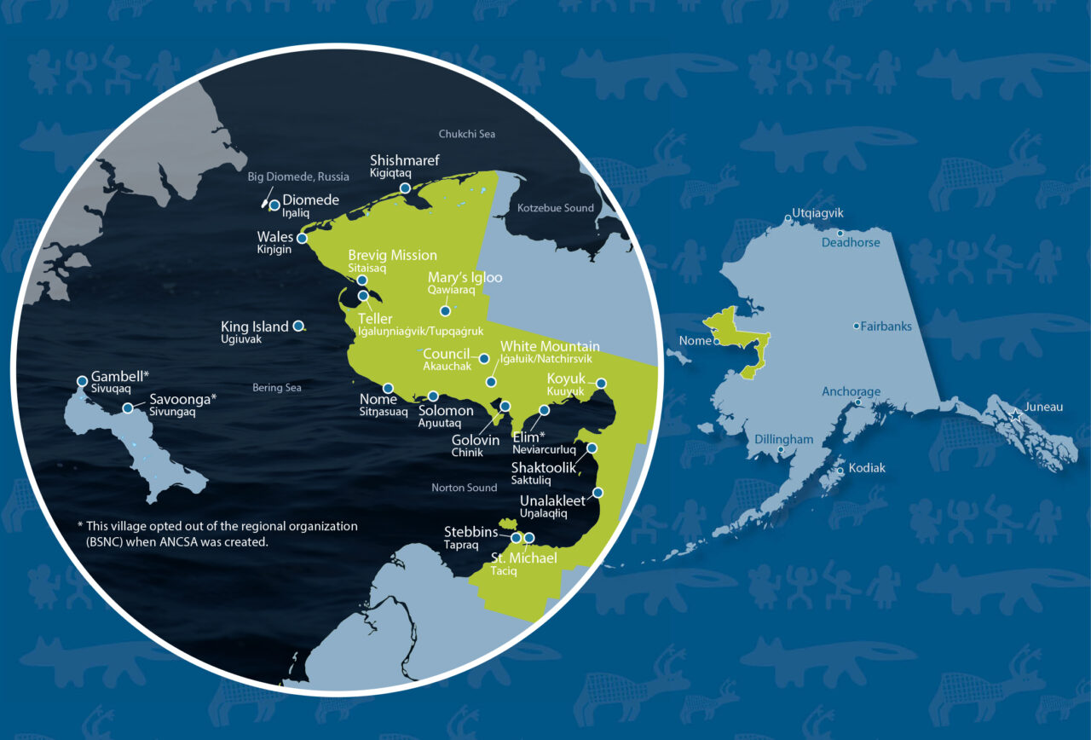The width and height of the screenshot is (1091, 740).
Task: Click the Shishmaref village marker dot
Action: click(406, 188)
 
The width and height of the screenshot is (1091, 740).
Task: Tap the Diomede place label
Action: click(310, 200)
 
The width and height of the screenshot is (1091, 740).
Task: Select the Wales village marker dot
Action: click(302, 239)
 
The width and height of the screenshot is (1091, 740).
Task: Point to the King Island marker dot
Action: click(298, 326)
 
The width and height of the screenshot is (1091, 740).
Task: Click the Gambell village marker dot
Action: click(82, 381)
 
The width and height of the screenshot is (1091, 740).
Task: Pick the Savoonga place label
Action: click(182, 398)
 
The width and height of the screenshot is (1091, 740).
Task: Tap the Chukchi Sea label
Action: click(466, 134)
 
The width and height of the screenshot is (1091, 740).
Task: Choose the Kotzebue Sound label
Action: click(555, 208)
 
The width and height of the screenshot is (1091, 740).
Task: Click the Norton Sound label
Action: click(465, 488)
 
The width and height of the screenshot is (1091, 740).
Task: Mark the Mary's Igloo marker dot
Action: click(445, 311)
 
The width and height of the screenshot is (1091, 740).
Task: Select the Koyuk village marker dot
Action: click(601, 384)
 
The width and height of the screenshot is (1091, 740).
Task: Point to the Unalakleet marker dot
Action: click(598, 492)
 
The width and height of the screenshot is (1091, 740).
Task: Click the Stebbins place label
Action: click(470, 533)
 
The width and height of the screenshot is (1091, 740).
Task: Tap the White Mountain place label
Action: click(550, 346)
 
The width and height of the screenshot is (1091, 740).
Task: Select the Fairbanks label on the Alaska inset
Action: click(886, 327)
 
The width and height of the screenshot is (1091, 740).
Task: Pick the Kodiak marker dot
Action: click(841, 471)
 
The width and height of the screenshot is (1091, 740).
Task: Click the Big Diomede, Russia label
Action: click(298, 177)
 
